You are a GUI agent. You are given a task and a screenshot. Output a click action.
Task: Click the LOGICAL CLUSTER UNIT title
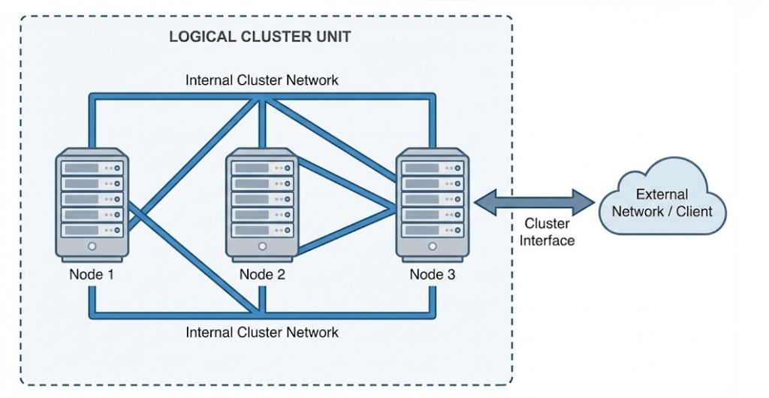[x=260, y=37]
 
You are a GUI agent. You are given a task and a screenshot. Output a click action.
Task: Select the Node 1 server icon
[x=92, y=204]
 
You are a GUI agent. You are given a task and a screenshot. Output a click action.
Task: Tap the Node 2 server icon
[x=262, y=204]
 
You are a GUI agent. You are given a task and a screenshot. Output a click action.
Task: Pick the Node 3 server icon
[x=432, y=204]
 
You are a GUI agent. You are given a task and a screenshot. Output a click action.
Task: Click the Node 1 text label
[x=92, y=274]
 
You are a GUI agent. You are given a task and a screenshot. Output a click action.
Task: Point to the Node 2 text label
[x=262, y=274]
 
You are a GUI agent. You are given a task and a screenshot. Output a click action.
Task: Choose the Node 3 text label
[x=432, y=274]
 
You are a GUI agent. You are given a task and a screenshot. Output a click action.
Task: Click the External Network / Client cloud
[x=662, y=201]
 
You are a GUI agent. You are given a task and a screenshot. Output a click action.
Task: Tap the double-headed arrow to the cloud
[x=534, y=201]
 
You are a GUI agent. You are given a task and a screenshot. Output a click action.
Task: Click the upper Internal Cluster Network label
[x=262, y=80]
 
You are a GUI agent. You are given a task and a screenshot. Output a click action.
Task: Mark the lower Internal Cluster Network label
[x=262, y=332]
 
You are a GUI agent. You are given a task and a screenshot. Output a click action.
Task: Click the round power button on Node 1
[x=92, y=246]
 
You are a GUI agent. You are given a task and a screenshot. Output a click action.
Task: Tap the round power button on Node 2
[x=262, y=246]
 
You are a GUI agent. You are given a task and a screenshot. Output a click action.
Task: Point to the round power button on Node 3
[x=432, y=246]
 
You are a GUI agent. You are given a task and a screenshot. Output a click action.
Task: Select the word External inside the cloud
[x=662, y=194]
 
